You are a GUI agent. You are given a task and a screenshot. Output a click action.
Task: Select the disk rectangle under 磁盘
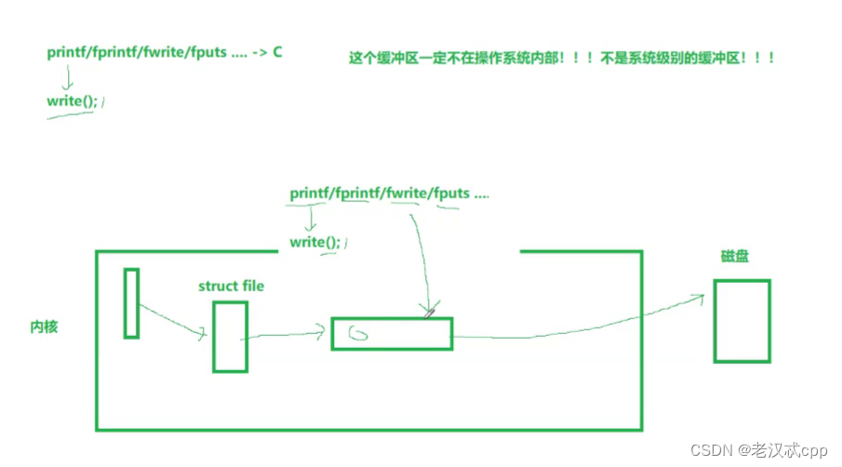click(742, 320)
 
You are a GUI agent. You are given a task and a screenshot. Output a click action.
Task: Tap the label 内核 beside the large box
click(44, 327)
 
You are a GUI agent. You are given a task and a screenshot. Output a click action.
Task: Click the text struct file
click(231, 286)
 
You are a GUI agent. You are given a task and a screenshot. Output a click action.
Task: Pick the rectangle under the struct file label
click(230, 336)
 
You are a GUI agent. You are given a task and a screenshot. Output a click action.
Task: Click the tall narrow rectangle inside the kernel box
click(131, 302)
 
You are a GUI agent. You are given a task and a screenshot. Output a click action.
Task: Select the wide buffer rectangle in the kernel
click(392, 333)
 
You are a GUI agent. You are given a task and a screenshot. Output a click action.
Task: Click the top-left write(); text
click(72, 100)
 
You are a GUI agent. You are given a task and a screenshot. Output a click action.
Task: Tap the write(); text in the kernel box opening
click(315, 242)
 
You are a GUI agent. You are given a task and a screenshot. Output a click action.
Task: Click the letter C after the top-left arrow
click(277, 52)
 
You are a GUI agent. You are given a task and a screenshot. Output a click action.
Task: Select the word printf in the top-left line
click(68, 52)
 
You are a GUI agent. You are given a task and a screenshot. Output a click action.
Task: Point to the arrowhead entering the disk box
click(700, 298)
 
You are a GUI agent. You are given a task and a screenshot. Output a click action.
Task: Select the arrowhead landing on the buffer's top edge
click(429, 312)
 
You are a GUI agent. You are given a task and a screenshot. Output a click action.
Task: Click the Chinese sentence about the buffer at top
click(562, 58)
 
